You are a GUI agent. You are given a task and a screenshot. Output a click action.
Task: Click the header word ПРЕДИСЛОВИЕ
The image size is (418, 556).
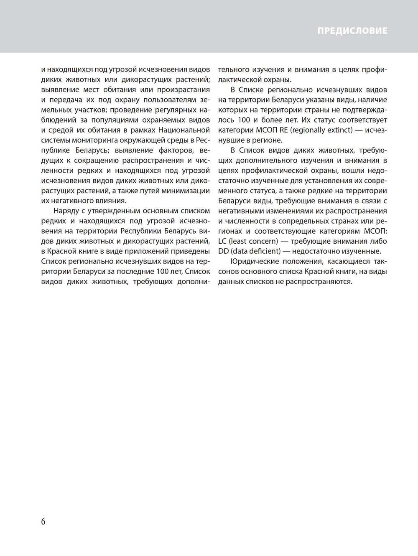352,31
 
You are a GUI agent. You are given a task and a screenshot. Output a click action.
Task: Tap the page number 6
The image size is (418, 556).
43,521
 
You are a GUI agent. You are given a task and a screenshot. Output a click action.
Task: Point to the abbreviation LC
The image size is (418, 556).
222,241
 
